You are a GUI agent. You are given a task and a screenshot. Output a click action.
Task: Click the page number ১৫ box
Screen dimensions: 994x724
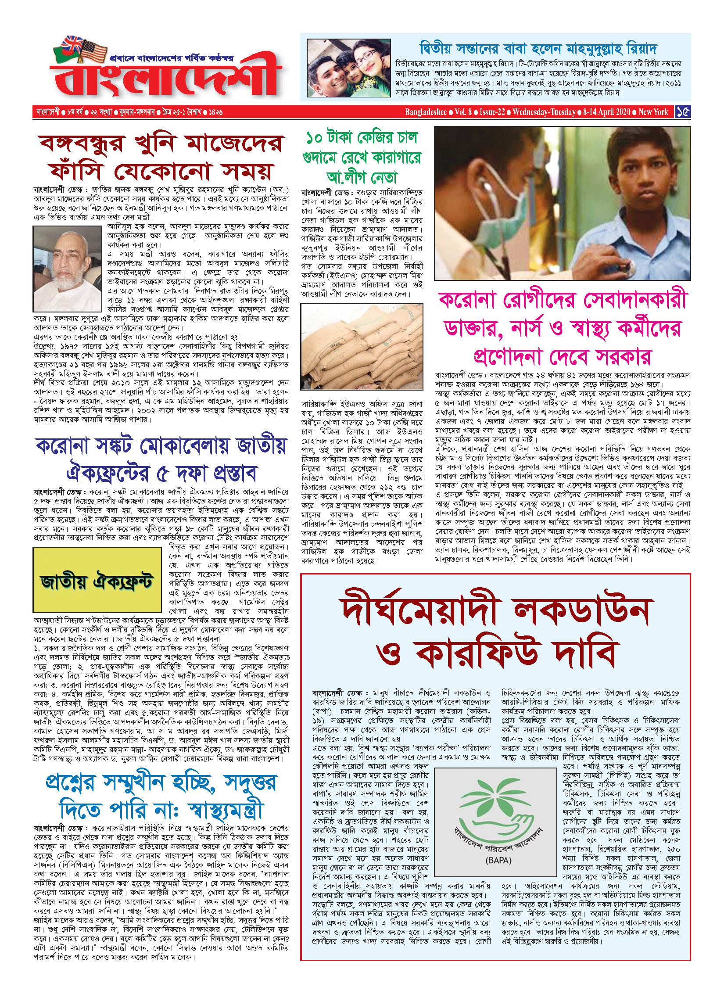pyautogui.click(x=683, y=112)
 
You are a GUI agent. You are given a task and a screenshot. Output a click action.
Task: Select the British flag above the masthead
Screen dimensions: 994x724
pyautogui.click(x=73, y=44)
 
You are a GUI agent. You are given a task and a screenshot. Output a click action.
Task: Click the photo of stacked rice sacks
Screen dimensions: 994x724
pyautogui.click(x=362, y=347)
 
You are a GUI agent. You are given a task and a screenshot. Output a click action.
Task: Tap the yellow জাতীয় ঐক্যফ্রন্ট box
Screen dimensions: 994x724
pyautogui.click(x=97, y=580)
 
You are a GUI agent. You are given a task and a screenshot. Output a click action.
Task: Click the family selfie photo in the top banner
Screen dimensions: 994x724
pyautogui.click(x=348, y=68)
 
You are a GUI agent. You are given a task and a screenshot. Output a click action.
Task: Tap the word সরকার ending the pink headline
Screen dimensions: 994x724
pyautogui.click(x=624, y=357)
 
